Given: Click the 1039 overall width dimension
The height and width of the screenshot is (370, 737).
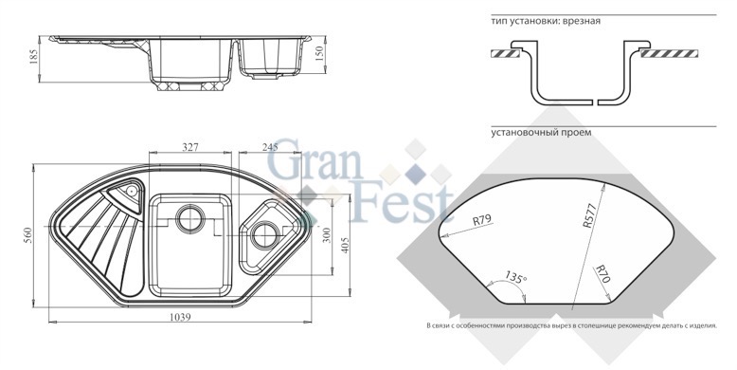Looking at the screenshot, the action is [180, 317].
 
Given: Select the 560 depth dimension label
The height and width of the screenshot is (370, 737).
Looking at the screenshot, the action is [27, 234].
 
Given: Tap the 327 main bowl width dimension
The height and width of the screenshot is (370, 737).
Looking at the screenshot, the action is [189, 147].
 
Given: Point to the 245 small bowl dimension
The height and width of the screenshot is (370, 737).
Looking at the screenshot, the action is [270, 147].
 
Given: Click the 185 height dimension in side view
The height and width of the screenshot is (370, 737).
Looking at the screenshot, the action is [34, 58].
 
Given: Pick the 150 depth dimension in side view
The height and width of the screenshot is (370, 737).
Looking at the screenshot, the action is [319, 54].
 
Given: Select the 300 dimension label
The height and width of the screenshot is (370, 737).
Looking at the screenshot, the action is [328, 235].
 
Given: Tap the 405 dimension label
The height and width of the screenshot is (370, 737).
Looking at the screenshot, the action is [346, 245].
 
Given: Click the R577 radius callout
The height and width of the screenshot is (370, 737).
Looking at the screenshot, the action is [589, 215].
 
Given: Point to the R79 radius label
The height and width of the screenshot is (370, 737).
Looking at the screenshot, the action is [481, 219].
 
